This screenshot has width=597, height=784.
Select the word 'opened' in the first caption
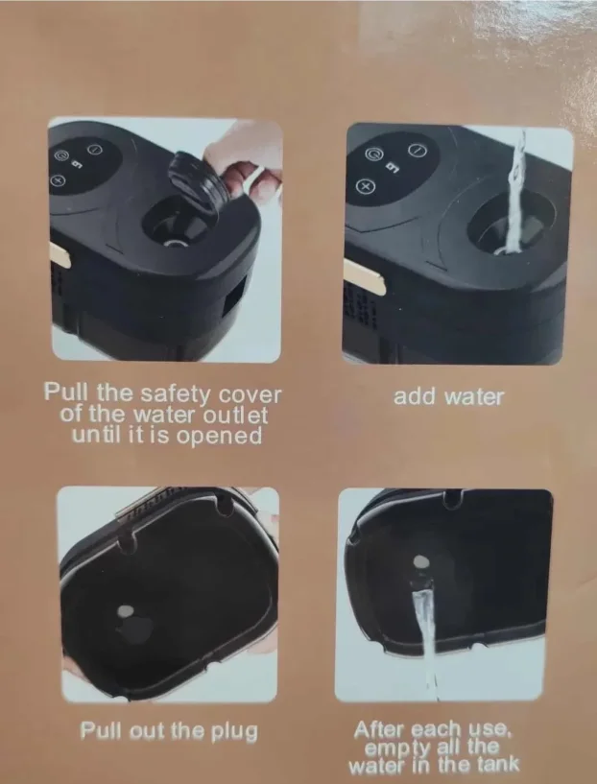[x=219, y=436]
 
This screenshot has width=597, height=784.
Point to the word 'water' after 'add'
[x=473, y=397]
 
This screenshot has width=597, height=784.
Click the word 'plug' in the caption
[x=234, y=732]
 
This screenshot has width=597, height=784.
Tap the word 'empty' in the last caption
[x=398, y=748]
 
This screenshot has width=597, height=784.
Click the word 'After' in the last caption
[x=381, y=730]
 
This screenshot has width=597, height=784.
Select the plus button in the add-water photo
[x=366, y=186]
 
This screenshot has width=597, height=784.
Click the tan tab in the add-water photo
[x=364, y=276]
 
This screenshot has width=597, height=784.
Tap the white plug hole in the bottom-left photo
[x=125, y=610]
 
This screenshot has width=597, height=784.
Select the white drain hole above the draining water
[x=421, y=562]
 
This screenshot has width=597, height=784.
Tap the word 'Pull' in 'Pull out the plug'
[x=102, y=730]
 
